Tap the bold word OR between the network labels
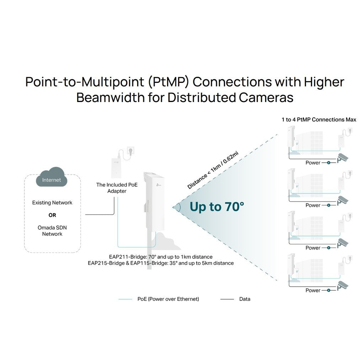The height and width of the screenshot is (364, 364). (52, 215)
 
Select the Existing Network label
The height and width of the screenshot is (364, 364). (52, 203)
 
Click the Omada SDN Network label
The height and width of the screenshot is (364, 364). (52, 230)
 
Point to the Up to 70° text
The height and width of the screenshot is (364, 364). (217, 207)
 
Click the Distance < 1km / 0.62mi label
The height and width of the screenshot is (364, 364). (213, 170)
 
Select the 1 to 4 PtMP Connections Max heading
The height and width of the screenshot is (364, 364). (319, 120)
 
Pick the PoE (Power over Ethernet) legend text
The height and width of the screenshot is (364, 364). (168, 299)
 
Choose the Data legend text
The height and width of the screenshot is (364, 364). (245, 299)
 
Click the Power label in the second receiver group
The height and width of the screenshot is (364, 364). (313, 205)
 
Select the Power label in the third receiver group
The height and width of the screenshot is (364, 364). (313, 248)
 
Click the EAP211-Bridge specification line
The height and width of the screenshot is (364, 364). (161, 257)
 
